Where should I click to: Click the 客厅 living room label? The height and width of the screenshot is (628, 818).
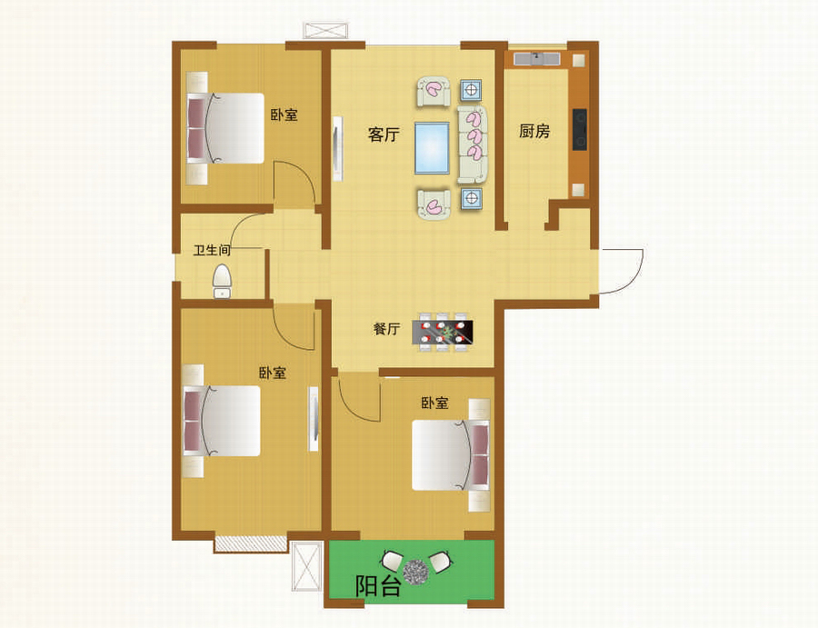tap(384, 135)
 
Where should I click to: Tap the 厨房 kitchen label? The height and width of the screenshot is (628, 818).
tap(534, 131)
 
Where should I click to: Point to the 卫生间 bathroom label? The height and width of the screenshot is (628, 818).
tap(212, 250)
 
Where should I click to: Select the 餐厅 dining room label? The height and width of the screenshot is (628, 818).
tap(386, 329)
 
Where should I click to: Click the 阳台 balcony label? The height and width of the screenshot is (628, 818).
tap(378, 586)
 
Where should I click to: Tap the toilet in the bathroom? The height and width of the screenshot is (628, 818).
tap(223, 281)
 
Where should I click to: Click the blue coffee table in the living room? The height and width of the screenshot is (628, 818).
tap(432, 147)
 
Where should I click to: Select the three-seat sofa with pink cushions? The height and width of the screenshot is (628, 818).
tap(473, 145)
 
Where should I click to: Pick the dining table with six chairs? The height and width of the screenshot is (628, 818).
tap(443, 332)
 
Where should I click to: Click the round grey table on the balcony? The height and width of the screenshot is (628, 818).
tap(415, 571)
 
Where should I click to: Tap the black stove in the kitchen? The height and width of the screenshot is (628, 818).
tap(580, 129)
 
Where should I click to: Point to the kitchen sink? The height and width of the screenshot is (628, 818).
tap(537, 58)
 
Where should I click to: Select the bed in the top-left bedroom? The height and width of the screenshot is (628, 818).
tap(225, 128)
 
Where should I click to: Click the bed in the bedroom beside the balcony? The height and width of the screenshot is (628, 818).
tap(451, 455)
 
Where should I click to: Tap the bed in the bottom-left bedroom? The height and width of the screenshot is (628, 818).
tap(222, 421)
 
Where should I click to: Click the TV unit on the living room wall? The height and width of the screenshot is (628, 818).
tap(337, 149)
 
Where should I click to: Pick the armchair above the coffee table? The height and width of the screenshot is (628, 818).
tap(433, 92)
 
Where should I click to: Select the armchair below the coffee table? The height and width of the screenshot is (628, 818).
tap(434, 204)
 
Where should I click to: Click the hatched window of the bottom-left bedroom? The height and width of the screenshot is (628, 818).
tap(251, 544)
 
